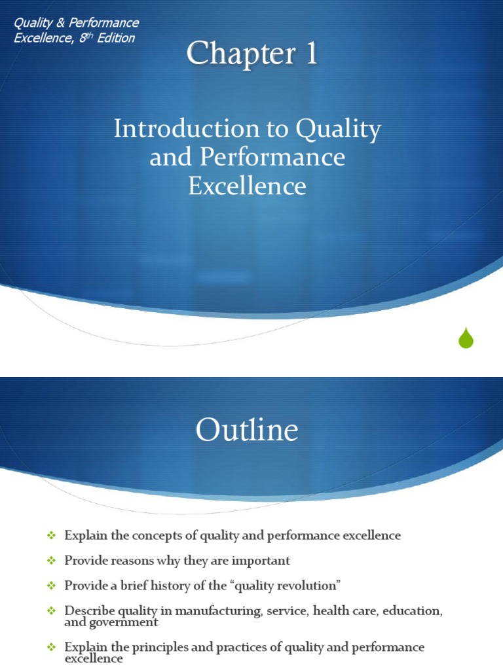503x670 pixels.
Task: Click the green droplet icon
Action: click(466, 338)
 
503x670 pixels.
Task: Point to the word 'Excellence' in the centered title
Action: click(247, 186)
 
